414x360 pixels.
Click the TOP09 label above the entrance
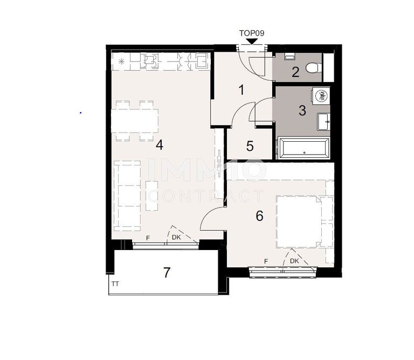pyautogui.click(x=252, y=33)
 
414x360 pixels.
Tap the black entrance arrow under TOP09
pyautogui.click(x=252, y=41)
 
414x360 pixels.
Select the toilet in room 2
pyautogui.click(x=314, y=67)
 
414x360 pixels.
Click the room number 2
pyautogui.click(x=295, y=72)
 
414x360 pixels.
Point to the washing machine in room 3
pyautogui.click(x=321, y=96)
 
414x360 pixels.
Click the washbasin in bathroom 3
pyautogui.click(x=323, y=121)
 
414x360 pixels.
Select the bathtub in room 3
pyautogui.click(x=303, y=148)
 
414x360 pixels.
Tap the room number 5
pyautogui.click(x=250, y=146)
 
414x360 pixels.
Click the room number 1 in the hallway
pyautogui.click(x=241, y=90)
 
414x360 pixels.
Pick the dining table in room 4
pyautogui.click(x=135, y=121)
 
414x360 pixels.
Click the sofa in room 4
pyautogui.click(x=127, y=196)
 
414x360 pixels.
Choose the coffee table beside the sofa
pyautogui.click(x=152, y=196)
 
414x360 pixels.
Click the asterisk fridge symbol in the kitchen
pyautogui.click(x=121, y=62)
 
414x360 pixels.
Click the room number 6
pyautogui.click(x=259, y=216)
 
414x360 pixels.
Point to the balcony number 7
pyautogui.click(x=167, y=273)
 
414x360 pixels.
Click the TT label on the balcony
pyautogui.click(x=115, y=283)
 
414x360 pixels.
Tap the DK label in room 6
pyautogui.click(x=294, y=261)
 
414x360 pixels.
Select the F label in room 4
pyautogui.click(x=148, y=238)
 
